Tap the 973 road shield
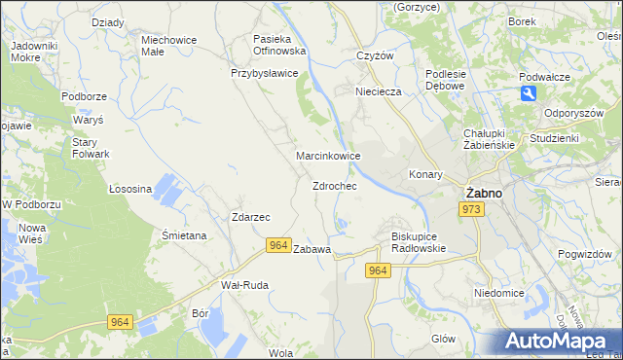point(472,210)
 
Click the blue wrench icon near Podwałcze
point(528,92)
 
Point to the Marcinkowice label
point(329,156)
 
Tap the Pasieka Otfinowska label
point(279,45)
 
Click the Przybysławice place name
point(264,73)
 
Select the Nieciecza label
point(380,91)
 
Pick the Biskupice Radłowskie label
point(418,241)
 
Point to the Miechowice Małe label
point(169,47)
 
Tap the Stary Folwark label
point(91,148)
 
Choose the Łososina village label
point(129,189)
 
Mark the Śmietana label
point(184,235)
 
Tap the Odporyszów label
point(576,112)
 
